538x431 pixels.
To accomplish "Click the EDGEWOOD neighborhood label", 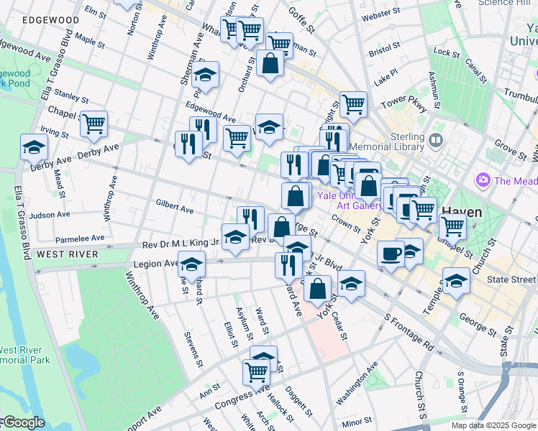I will click(x=51, y=20).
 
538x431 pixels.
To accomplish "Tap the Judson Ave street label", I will click(x=50, y=214).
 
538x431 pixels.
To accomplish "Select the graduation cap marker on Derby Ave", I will click(x=34, y=147).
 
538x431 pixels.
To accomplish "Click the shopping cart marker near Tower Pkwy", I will click(x=353, y=104).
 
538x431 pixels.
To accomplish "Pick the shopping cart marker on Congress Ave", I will click(x=256, y=371).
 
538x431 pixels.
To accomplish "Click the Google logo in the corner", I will click(x=23, y=422).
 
